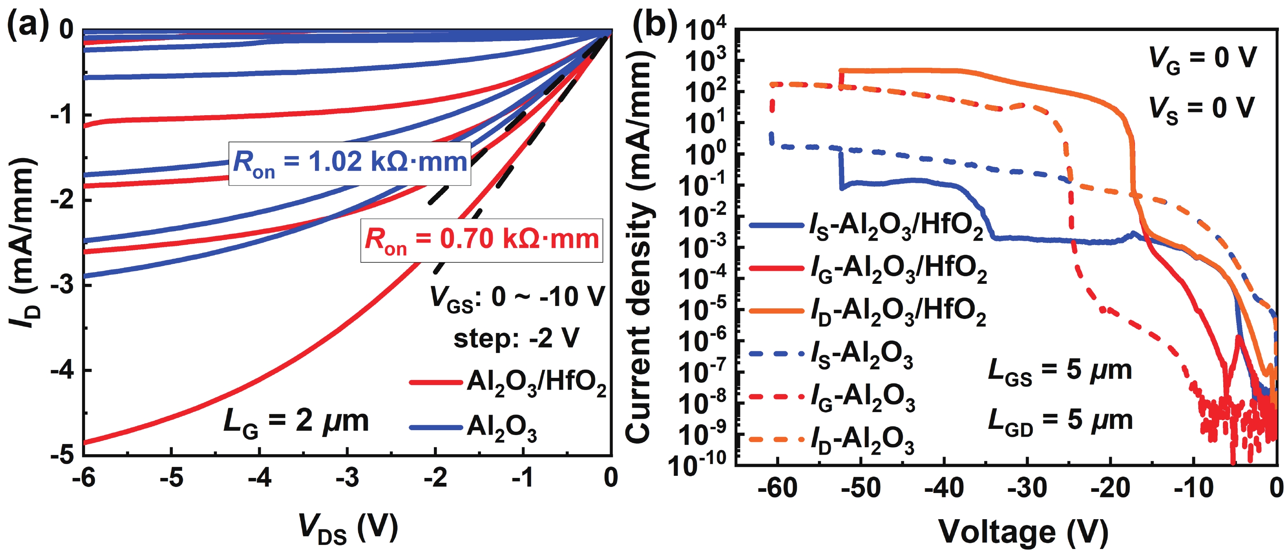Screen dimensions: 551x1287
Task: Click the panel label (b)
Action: coord(655,24)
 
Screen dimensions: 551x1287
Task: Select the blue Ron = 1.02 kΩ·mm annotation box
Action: coord(350,163)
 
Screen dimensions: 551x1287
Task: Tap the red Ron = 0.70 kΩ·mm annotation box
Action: coord(482,240)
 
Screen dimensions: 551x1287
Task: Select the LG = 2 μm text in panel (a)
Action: coord(296,422)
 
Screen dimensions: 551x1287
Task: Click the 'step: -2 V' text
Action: coord(516,338)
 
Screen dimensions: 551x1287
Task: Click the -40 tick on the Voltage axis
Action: coord(943,487)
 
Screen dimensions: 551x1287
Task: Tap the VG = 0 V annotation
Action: coord(1202,59)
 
